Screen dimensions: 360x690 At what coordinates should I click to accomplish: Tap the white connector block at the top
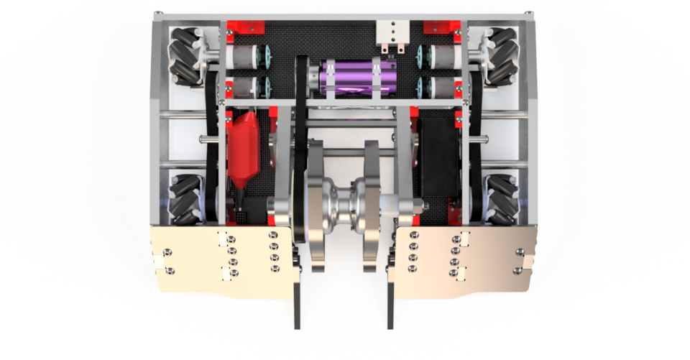(393, 32)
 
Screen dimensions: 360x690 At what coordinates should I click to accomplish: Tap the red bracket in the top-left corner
(243, 27)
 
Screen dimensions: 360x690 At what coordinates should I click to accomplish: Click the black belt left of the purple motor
(303, 79)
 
